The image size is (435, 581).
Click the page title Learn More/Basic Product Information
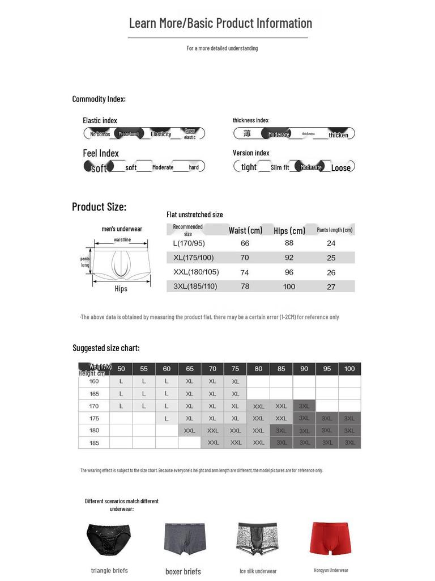220,23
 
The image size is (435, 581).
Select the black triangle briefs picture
109,540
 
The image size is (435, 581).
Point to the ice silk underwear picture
258,540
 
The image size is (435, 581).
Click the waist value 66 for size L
245,243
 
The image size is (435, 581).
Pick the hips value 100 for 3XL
289,287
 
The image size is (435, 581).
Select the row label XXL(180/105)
196,272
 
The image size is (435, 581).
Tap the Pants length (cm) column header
334,230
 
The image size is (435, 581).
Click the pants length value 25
331,258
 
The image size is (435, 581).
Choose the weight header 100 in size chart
349,369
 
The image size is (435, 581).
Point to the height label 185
94,443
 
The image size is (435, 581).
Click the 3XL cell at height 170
304,406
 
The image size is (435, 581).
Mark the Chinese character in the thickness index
247,133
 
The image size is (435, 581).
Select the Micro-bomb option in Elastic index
129,134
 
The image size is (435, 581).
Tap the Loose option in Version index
341,167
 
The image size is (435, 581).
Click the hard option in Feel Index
194,167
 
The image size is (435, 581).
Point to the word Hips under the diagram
121,289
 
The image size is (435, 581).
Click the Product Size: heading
99,207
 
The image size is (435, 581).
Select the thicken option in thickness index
339,134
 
